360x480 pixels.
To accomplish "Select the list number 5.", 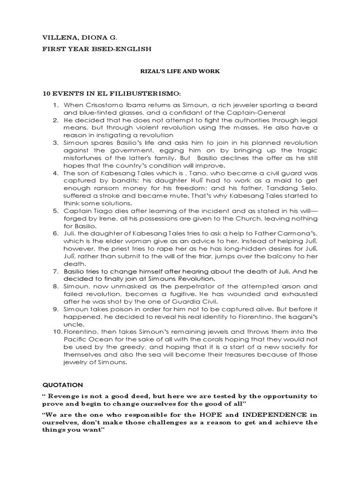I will click(x=55, y=211).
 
